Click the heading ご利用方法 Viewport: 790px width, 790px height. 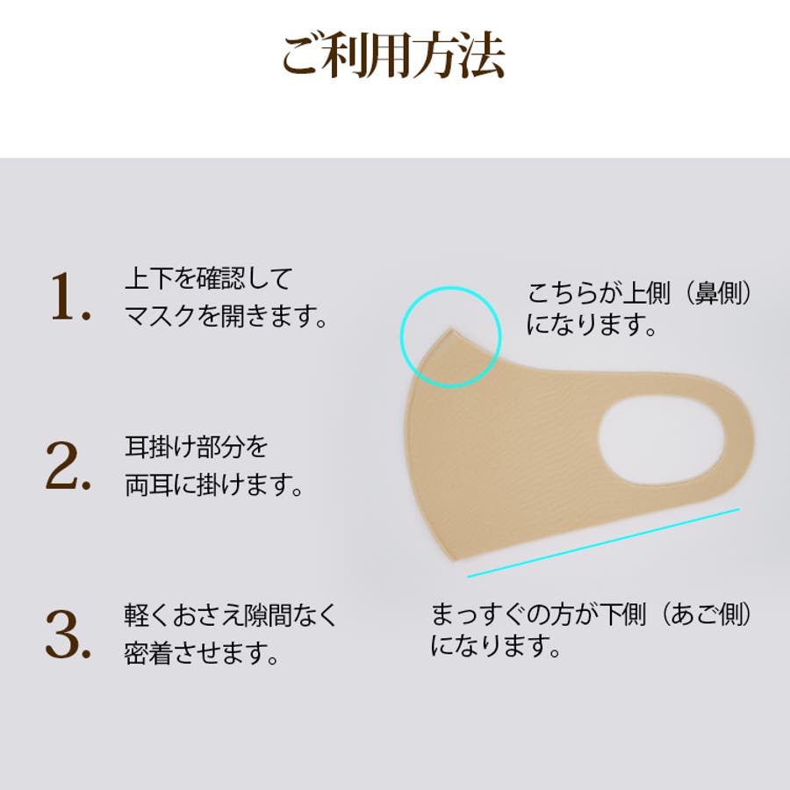[x=393, y=55]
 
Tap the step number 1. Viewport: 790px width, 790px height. [x=70, y=297]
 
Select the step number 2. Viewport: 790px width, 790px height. [x=68, y=465]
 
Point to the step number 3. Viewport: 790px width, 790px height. [x=68, y=634]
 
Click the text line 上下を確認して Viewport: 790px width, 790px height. [x=209, y=278]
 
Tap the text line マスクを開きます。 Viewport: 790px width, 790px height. [x=226, y=316]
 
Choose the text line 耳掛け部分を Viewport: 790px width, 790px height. [x=196, y=447]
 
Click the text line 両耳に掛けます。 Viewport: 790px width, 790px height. [x=213, y=485]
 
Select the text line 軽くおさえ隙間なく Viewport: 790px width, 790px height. [x=230, y=614]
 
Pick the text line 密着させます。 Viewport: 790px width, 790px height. [x=202, y=653]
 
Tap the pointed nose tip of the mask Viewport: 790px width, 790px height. [x=450, y=329]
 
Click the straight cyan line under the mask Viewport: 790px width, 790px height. [x=604, y=542]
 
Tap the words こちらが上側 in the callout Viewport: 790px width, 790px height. [x=599, y=293]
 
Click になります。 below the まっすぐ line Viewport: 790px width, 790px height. [x=496, y=646]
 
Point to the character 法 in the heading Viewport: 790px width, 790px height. [x=482, y=55]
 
